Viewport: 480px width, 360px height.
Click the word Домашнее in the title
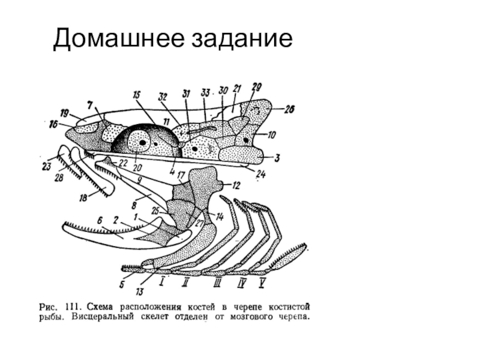point(118,39)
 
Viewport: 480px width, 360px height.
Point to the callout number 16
point(53,124)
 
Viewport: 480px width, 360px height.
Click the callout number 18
point(82,198)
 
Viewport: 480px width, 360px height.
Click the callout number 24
point(260,174)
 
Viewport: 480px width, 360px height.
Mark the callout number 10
point(272,134)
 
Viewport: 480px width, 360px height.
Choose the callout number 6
point(101,220)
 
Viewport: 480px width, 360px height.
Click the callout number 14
point(220,217)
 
